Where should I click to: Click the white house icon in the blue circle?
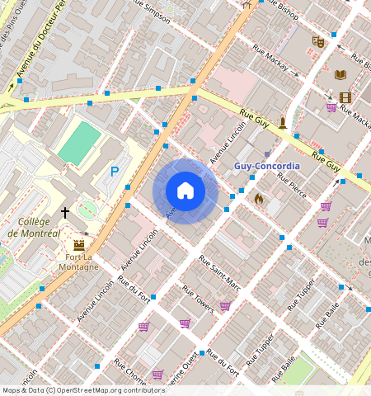click(185, 191)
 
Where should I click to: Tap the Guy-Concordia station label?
click(267, 166)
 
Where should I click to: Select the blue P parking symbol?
click(115, 172)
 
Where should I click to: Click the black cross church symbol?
click(65, 213)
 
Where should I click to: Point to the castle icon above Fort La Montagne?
click(79, 245)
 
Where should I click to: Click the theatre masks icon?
click(317, 41)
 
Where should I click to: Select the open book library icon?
click(340, 74)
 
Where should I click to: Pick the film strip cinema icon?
click(345, 98)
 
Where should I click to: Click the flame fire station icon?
click(258, 199)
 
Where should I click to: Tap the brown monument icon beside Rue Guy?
click(283, 124)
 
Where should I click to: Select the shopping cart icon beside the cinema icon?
click(331, 107)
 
